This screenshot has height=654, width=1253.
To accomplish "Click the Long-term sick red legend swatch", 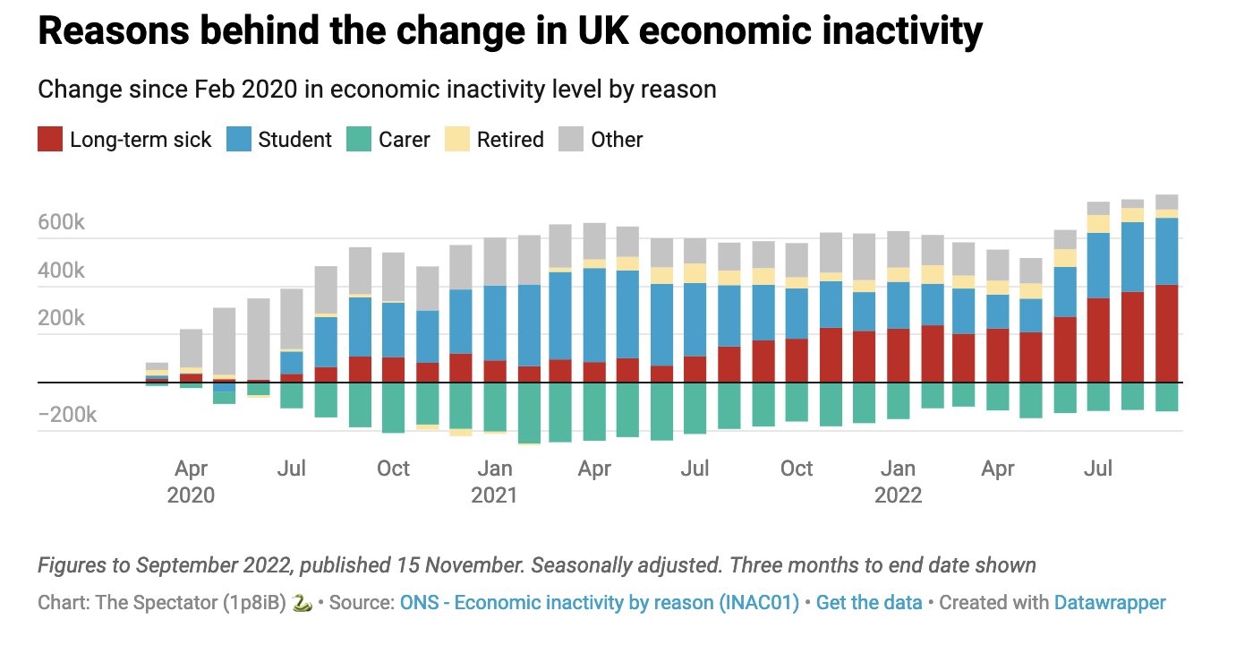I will tap(50, 140).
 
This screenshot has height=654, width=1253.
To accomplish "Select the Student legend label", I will tap(294, 140).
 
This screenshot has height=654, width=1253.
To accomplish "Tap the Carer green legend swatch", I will tap(359, 140).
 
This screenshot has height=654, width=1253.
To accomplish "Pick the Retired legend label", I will tap(510, 140).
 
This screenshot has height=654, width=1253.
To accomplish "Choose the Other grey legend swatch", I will tap(571, 140).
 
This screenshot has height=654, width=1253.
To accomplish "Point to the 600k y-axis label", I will tap(62, 222).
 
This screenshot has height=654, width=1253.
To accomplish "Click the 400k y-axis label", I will tap(62, 271).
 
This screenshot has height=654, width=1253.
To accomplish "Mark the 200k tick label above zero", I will tap(62, 319).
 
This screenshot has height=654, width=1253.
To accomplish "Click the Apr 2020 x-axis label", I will tap(191, 481).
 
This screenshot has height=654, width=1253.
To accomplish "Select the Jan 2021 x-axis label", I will tap(494, 481).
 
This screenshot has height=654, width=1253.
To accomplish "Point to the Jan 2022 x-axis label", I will tap(898, 481).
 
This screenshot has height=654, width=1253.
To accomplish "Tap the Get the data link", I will tap(869, 602).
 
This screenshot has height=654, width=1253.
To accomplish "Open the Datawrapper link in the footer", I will tap(1110, 602).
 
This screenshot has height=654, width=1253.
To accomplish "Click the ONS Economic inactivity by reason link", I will tap(600, 602).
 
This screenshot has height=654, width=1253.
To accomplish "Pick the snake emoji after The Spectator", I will tap(303, 603).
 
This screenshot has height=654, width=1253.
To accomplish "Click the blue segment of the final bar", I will tap(1166, 251).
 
